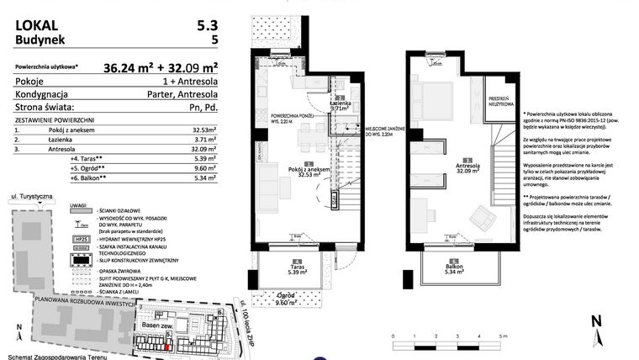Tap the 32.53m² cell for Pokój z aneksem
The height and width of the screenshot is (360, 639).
pos(203,130)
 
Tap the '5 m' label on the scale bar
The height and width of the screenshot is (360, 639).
pos(503,336)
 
